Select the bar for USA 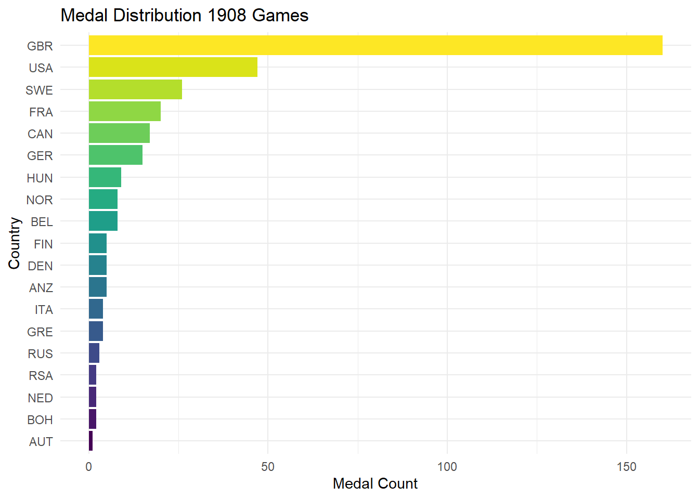tap(173, 67)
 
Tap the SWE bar tap(135, 89)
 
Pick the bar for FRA tap(125, 111)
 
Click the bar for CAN tap(119, 133)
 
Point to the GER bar tap(115, 155)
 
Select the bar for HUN tap(105, 177)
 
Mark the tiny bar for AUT tap(91, 441)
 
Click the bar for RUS tap(94, 353)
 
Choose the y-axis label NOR tap(40, 200)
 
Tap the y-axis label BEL tap(42, 222)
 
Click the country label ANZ tap(41, 288)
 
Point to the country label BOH tap(40, 419)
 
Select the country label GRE tap(40, 332)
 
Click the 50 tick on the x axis tap(268, 467)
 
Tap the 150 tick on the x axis tap(627, 467)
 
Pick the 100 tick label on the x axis tap(447, 467)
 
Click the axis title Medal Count tap(375, 484)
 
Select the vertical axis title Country tap(14, 243)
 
